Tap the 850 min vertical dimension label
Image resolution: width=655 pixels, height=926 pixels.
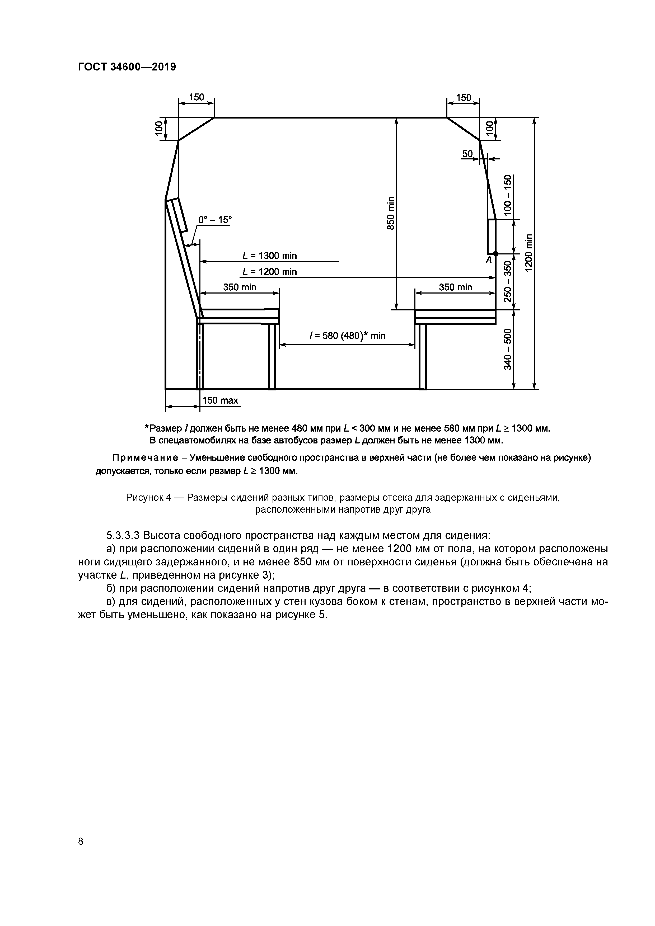pos(390,213)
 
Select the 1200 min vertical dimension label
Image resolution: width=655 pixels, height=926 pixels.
pos(529,253)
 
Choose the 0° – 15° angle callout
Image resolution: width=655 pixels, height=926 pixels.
pos(215,220)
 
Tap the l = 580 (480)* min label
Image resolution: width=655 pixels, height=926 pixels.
pos(347,336)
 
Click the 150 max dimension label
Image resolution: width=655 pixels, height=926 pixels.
pos(220,400)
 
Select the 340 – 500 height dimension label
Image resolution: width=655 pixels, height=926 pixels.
pos(507,349)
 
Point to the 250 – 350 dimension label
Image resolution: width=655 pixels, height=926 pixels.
pos(507,281)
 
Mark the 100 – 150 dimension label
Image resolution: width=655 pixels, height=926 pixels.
pos(507,194)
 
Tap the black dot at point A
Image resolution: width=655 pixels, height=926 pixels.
pos(496,253)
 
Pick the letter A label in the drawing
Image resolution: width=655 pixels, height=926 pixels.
pos(489,261)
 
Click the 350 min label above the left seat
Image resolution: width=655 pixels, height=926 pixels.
pos(240,287)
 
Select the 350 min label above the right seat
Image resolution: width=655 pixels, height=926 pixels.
pos(455,287)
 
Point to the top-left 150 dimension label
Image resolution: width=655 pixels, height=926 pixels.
pos(196,97)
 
